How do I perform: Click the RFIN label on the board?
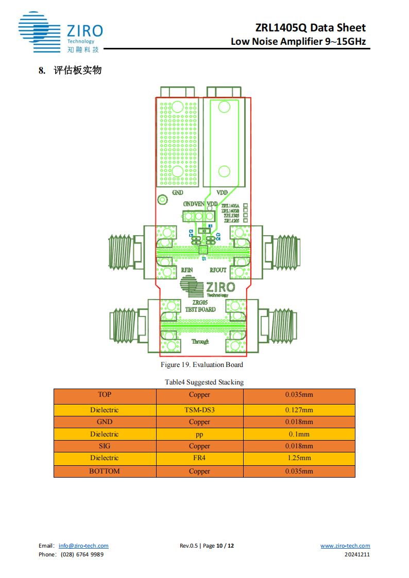[186, 270]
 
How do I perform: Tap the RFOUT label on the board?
[218, 270]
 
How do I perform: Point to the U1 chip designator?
[204, 258]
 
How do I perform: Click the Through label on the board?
[200, 341]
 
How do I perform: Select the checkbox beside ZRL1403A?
[246, 205]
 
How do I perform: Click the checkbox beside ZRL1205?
[246, 221]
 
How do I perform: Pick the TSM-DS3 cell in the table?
[199, 410]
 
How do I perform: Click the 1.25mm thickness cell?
[299, 458]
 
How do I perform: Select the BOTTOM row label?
[105, 471]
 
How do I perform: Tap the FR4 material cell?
[199, 458]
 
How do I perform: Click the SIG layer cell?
[105, 446]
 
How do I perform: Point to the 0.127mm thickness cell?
[299, 410]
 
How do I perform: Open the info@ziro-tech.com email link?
[83, 546]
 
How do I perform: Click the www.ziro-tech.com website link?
[345, 546]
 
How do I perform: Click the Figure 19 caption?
[202, 364]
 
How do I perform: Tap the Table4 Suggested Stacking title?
[204, 382]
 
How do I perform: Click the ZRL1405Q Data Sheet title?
[310, 28]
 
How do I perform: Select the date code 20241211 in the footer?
[357, 554]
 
